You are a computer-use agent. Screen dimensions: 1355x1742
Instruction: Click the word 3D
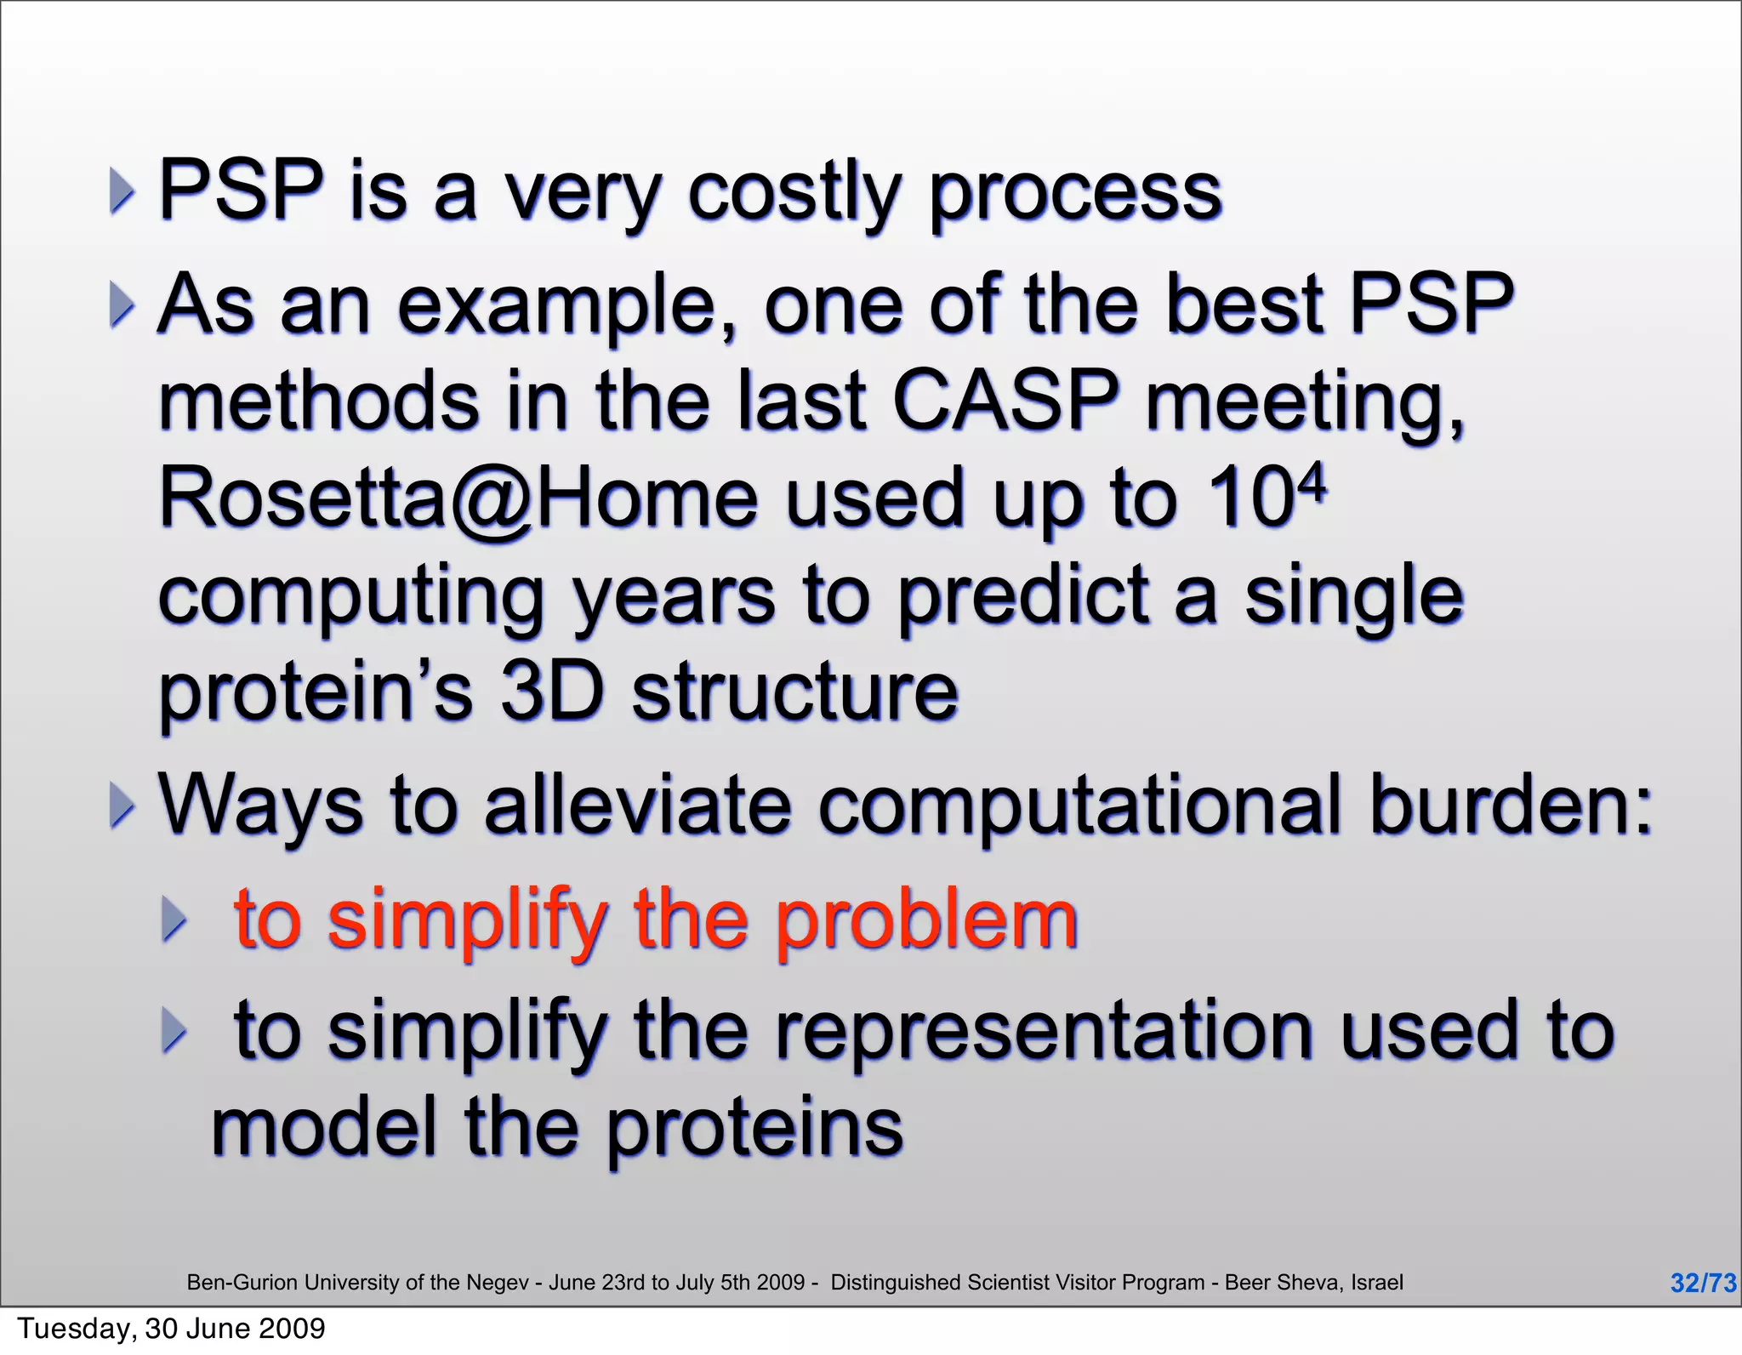pyautogui.click(x=551, y=692)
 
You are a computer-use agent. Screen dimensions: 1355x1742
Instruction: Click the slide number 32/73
pyautogui.click(x=1702, y=1283)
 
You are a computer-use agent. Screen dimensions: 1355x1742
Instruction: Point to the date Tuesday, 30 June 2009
pyautogui.click(x=172, y=1329)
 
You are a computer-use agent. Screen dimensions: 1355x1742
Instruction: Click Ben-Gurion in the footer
pyautogui.click(x=242, y=1283)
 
